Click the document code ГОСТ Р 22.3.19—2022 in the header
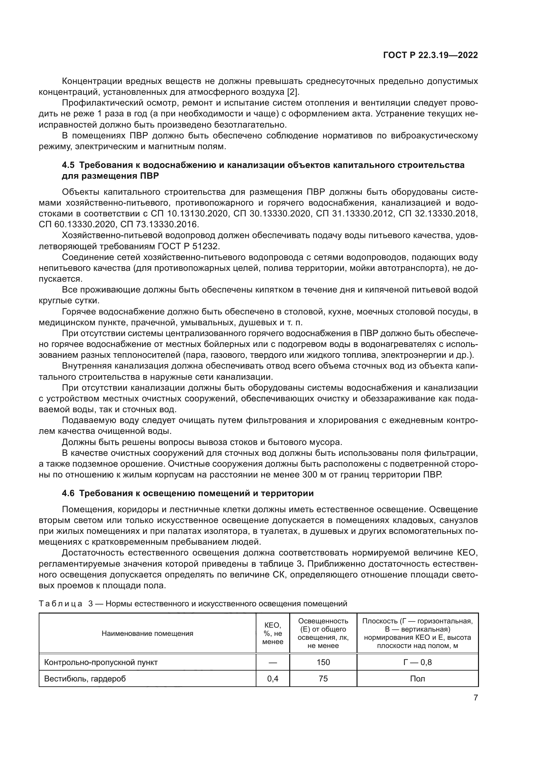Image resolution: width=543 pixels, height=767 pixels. pos(430,55)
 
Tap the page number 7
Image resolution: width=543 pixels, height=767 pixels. pos(475,697)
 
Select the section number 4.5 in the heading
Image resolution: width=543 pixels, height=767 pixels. pos(69,165)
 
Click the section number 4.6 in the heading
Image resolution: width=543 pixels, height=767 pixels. pos(69,493)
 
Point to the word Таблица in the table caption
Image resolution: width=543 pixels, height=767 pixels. pos(60,604)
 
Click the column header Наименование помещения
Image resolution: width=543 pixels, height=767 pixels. pos(147,634)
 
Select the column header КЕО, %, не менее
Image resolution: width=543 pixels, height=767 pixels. pos(272,634)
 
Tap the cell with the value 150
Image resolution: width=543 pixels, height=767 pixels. pos(323,662)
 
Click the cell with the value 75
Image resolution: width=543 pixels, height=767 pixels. pos(323,678)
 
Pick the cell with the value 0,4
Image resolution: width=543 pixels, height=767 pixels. pos(272,678)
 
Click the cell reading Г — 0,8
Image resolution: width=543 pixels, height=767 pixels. pos(417,662)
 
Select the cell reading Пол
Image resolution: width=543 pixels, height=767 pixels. pos(417,678)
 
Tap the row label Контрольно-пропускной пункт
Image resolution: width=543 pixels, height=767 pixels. pos(101,662)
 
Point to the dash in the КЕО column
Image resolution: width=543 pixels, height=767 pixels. pos(272,662)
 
